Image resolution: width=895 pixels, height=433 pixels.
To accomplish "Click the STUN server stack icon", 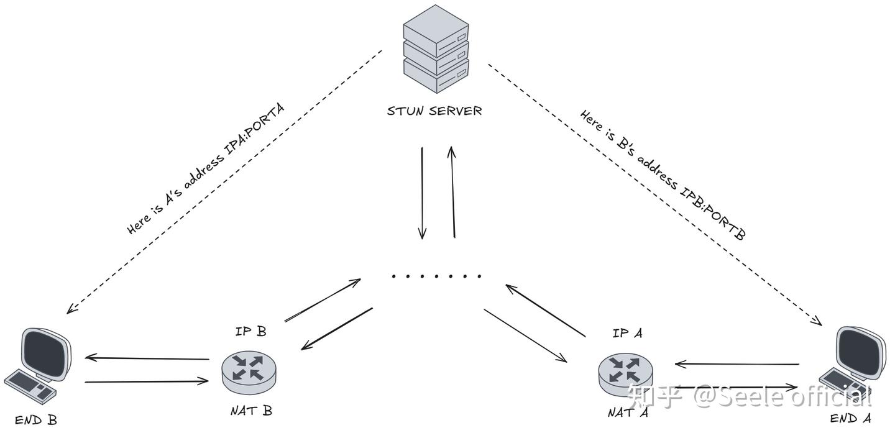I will [x=435, y=48].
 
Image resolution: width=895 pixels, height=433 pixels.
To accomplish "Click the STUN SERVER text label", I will [x=434, y=111].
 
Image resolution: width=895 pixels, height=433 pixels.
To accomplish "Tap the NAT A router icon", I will [x=626, y=371].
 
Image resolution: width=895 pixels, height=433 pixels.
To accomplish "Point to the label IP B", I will [x=250, y=331].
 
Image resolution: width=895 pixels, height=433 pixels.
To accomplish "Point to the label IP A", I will [x=627, y=333].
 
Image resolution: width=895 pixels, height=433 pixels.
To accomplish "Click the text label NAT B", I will [x=250, y=411].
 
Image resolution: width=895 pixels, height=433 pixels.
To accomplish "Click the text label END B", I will [x=36, y=421].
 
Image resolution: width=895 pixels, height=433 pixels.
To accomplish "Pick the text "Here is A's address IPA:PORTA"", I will [x=205, y=169].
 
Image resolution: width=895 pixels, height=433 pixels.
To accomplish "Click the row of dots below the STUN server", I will [x=436, y=276].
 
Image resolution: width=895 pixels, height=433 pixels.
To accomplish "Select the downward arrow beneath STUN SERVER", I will [x=422, y=193].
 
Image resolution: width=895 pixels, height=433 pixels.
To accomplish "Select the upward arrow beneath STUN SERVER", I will [x=452, y=192].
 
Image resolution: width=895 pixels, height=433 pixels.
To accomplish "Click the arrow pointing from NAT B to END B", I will [x=147, y=358].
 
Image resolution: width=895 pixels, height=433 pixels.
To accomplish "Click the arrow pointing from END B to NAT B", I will [x=147, y=381].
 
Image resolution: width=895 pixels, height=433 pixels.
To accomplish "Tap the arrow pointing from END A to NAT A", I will [x=737, y=364].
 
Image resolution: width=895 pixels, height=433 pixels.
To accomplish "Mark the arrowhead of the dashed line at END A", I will [x=818, y=321].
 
